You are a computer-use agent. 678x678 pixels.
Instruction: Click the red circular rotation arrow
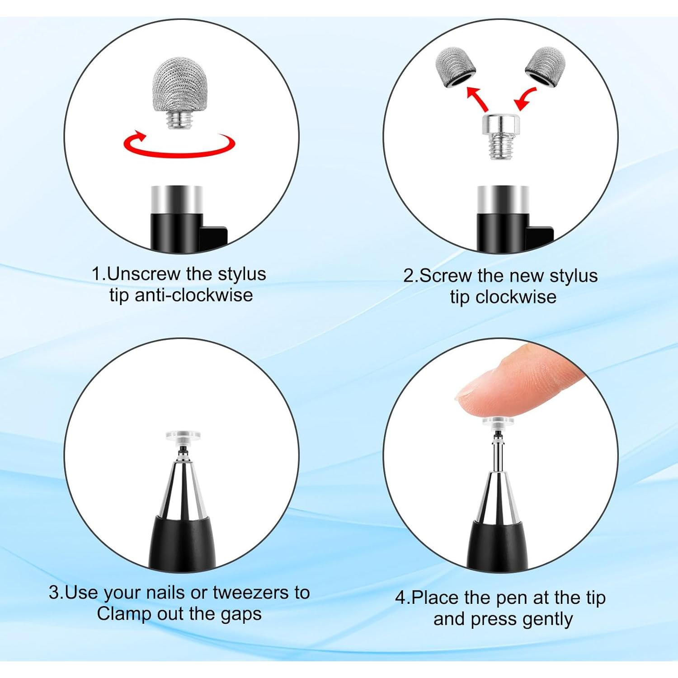[x=179, y=146]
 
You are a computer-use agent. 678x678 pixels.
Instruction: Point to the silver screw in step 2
[x=500, y=135]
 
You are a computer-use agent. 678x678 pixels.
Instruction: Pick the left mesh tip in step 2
[x=455, y=66]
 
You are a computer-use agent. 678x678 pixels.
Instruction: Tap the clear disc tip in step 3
[x=183, y=436]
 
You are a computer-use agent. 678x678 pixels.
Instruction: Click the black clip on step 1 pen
[x=213, y=237]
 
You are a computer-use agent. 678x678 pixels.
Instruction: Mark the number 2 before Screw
[x=409, y=276]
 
